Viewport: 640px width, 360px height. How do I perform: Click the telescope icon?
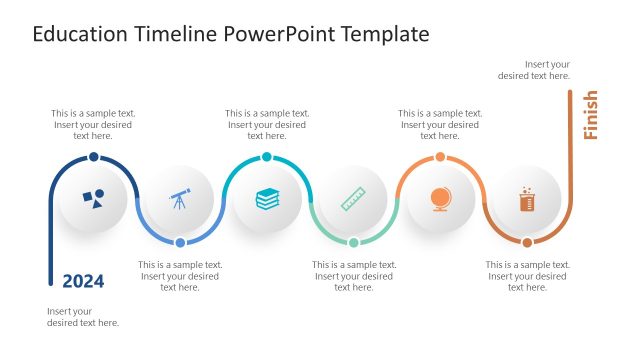[180, 199]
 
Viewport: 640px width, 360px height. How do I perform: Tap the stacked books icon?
[267, 199]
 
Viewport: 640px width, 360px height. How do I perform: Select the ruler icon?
[353, 199]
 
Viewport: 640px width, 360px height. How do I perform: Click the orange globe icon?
[440, 199]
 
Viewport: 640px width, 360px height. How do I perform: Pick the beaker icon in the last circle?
[527, 199]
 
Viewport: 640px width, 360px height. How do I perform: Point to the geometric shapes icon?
[93, 199]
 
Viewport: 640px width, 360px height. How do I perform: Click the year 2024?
[83, 281]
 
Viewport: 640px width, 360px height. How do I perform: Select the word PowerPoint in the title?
[273, 34]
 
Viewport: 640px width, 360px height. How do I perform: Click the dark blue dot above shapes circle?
[93, 157]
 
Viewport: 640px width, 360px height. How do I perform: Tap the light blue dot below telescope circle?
[180, 242]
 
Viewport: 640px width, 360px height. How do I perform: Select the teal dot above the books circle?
[267, 157]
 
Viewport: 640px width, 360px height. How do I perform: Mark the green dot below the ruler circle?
[353, 242]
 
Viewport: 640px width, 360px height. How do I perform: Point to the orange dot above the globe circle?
[440, 157]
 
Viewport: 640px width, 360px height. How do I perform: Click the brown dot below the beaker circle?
[527, 242]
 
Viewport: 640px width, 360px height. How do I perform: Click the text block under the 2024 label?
[83, 317]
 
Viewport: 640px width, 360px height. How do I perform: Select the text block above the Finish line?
[534, 69]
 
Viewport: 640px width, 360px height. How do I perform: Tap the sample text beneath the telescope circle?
[180, 276]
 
